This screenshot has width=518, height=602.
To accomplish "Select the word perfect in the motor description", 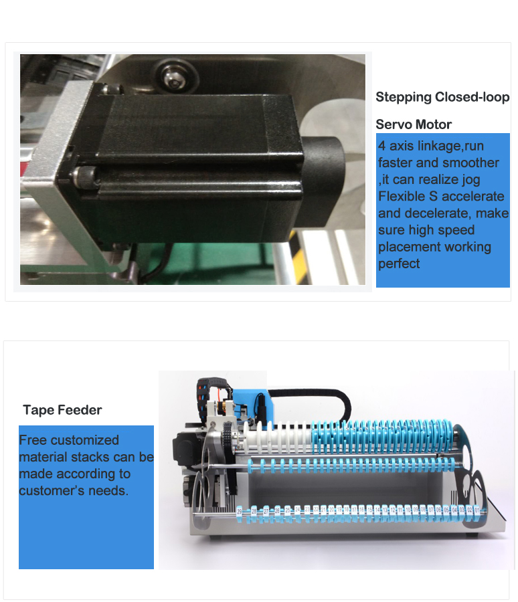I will click(x=399, y=264).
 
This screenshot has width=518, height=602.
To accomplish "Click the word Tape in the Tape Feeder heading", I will click(x=37, y=410).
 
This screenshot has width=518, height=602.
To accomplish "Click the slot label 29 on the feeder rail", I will click(x=240, y=511).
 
